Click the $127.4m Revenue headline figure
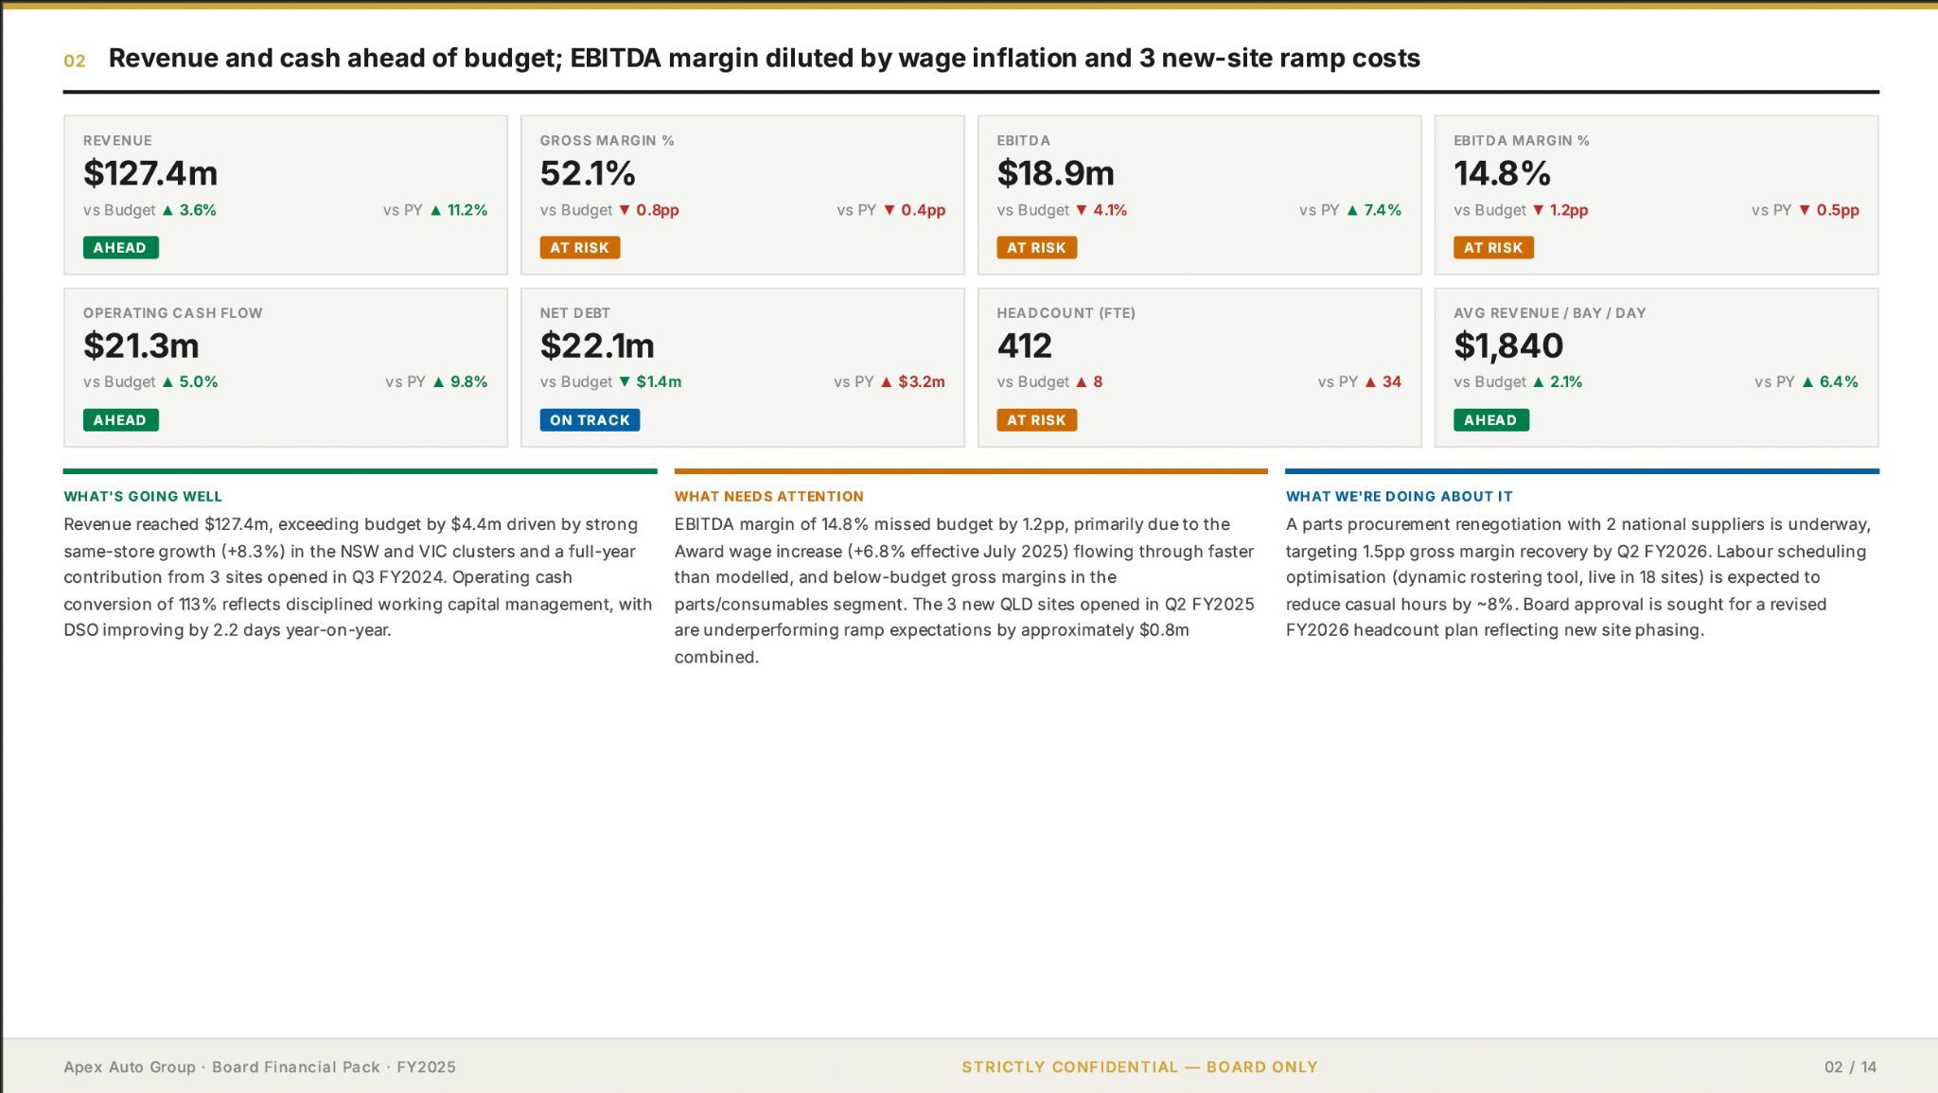tap(150, 173)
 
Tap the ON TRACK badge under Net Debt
tap(590, 420)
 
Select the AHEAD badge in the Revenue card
tap(120, 248)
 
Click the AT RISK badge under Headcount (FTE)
tap(1036, 420)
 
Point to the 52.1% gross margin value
tap(588, 173)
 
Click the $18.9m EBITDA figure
tap(1055, 173)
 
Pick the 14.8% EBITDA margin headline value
tap(1502, 173)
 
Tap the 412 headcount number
tap(1025, 345)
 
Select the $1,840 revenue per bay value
tap(1508, 346)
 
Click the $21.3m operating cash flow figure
tap(141, 345)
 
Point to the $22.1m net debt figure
tap(597, 345)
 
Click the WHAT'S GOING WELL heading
tap(143, 496)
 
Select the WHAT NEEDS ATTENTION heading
tap(768, 496)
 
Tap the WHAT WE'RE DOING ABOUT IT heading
tap(1399, 496)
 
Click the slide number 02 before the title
tap(75, 62)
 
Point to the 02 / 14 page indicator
tap(1850, 1067)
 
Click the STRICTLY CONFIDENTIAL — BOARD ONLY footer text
tap(1139, 1067)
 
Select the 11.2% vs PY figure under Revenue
tap(467, 210)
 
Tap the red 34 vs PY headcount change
tap(1391, 382)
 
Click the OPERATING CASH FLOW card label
tap(172, 313)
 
